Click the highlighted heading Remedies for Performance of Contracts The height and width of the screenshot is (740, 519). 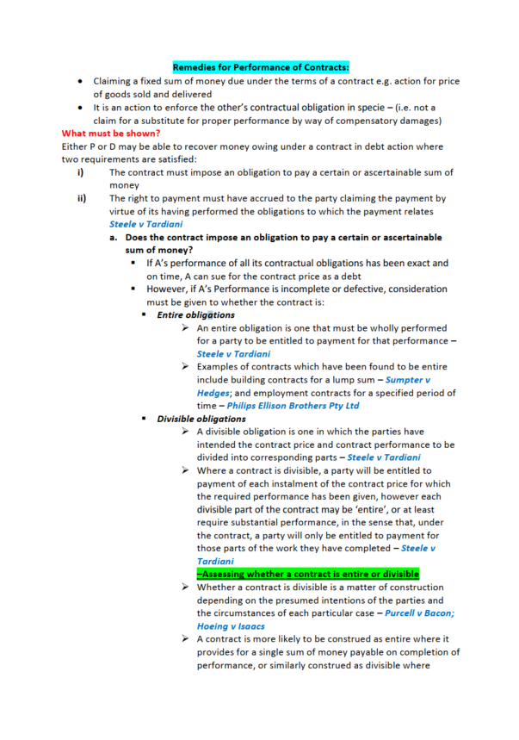pos(259,66)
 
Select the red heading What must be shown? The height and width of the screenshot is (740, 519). pos(110,134)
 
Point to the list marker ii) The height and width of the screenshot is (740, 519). pos(82,198)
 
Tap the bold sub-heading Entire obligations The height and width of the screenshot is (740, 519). pos(195,314)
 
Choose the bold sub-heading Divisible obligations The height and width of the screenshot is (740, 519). pos(201,419)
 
